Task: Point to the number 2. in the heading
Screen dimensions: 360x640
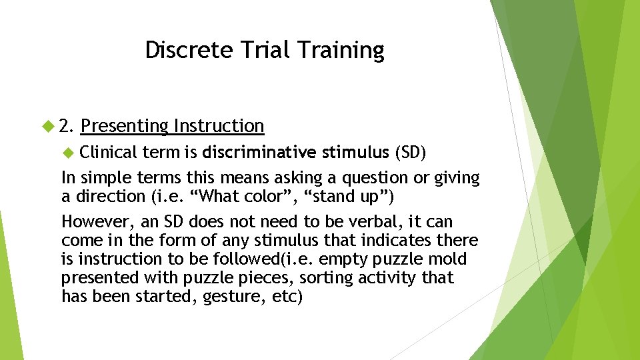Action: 67,126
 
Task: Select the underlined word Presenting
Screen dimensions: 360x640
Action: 125,126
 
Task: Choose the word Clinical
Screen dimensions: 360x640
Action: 109,153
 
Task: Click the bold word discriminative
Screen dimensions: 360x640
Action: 260,153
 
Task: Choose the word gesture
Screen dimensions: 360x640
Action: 233,296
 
